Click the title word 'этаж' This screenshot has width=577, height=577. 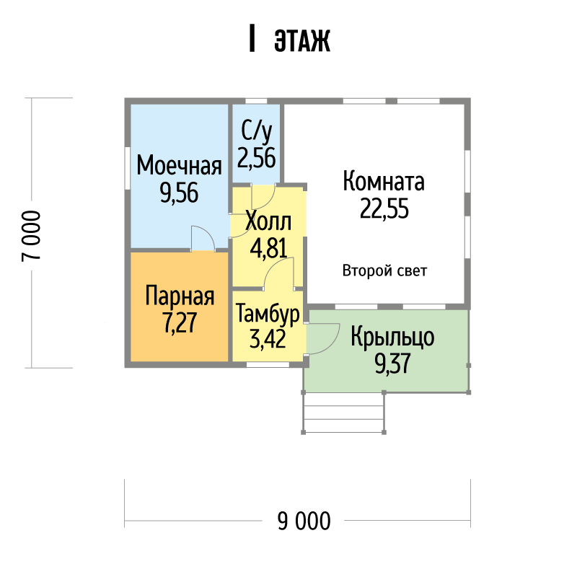tap(302, 40)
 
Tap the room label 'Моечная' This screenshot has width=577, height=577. tap(179, 165)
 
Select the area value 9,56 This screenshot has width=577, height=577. tap(179, 193)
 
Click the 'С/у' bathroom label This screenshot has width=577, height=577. tap(257, 132)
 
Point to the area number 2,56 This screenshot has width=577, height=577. tap(257, 158)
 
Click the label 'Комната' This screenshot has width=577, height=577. tap(384, 181)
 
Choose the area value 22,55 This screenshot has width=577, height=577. tap(384, 208)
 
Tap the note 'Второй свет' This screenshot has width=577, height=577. tap(384, 271)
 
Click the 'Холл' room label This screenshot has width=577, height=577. tap(268, 221)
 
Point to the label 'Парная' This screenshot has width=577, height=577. tap(180, 296)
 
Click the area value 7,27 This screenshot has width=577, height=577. tap(180, 322)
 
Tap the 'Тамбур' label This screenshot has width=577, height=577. tap(268, 314)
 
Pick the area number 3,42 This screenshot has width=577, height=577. tap(268, 338)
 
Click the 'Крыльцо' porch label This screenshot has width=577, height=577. tap(392, 337)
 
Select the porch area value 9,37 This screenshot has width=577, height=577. tap(392, 364)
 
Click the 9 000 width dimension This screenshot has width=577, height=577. tap(304, 521)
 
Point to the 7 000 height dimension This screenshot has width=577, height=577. tap(31, 236)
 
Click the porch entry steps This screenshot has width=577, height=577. tap(343, 413)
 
